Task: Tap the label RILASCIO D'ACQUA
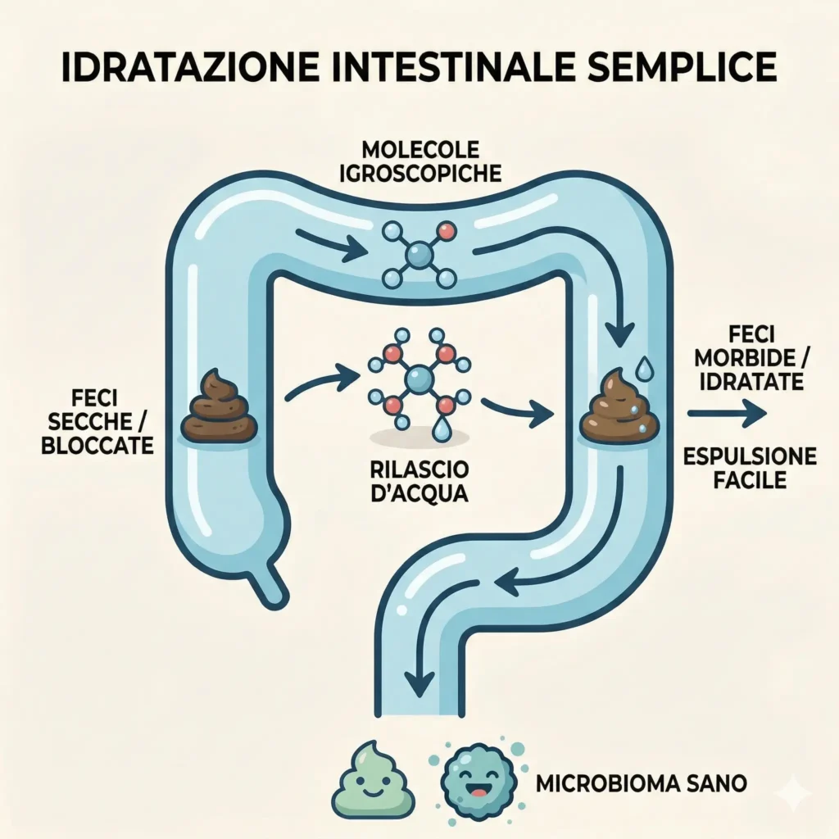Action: coord(419,483)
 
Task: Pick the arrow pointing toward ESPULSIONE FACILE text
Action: coord(727,414)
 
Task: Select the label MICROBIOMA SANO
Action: coord(642,782)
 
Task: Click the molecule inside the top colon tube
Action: coord(419,254)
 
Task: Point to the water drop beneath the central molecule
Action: coord(442,429)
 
